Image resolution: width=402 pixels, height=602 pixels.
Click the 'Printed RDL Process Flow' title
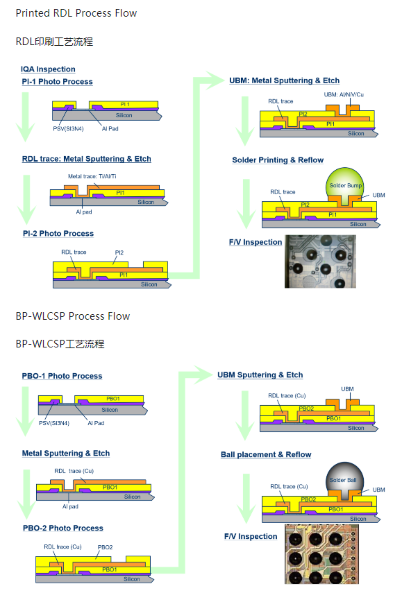click(x=76, y=13)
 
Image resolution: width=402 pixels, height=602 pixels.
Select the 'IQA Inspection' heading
click(x=48, y=69)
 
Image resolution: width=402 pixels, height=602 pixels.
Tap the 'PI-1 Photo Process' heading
click(x=57, y=82)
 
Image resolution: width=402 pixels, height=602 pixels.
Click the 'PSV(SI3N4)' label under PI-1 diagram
click(x=68, y=129)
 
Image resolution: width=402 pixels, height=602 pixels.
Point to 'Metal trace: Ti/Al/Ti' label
click(x=92, y=176)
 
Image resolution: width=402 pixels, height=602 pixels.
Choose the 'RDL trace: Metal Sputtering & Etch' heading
click(x=86, y=159)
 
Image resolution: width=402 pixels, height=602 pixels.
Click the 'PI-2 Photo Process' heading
click(x=58, y=234)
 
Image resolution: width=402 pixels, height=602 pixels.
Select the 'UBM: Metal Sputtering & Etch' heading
click(x=284, y=81)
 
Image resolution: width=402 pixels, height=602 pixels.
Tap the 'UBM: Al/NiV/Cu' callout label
click(x=344, y=95)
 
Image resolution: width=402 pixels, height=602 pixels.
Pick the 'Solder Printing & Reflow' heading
click(x=278, y=160)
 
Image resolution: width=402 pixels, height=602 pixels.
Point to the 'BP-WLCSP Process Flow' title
click(x=73, y=316)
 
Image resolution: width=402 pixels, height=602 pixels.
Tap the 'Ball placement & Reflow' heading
click(x=266, y=455)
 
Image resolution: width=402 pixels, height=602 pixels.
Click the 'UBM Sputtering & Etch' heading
click(x=260, y=375)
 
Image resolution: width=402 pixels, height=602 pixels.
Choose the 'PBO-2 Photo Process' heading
click(x=63, y=528)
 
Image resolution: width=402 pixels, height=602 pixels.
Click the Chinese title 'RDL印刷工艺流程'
click(x=54, y=42)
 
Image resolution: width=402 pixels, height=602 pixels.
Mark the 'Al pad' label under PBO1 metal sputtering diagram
click(x=70, y=506)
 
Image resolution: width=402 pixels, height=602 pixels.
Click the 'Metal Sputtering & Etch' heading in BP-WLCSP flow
click(x=66, y=453)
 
